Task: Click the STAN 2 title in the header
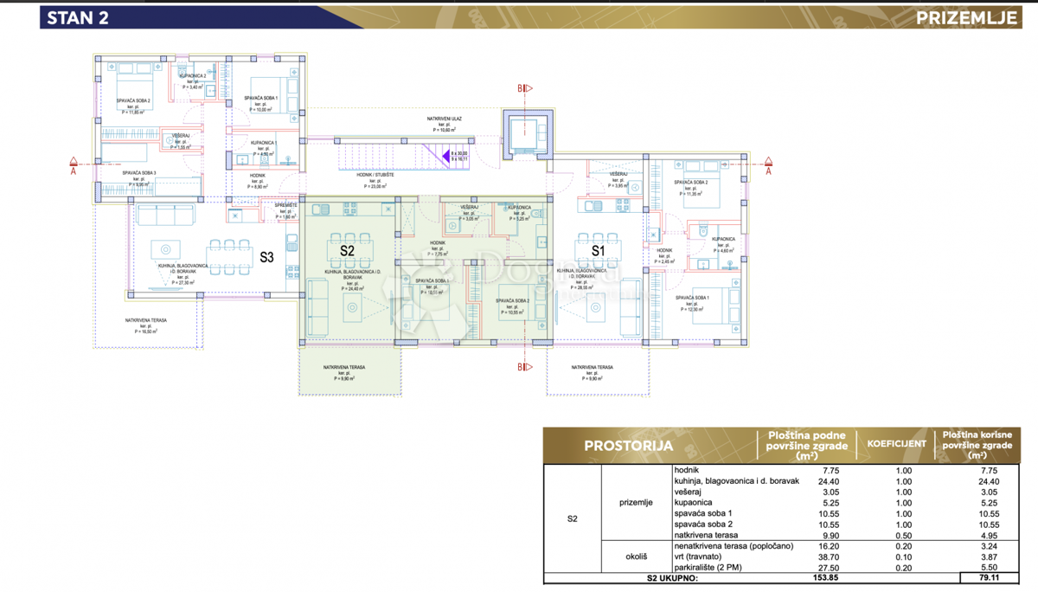[x=78, y=17]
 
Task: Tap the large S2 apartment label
[x=347, y=250]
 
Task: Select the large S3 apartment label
[x=267, y=257]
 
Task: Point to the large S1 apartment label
[x=598, y=250]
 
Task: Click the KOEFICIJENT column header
[x=891, y=444]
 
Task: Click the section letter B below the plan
[x=521, y=367]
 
